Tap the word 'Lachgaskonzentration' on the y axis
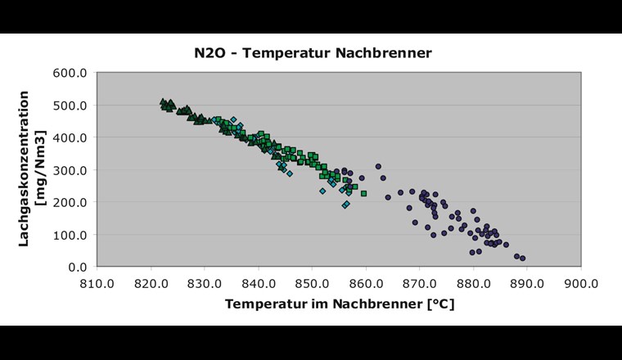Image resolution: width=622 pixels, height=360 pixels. pyautogui.click(x=25, y=169)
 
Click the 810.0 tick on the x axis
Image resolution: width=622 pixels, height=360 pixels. pyautogui.click(x=97, y=282)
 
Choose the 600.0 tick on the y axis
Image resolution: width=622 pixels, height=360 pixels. pyautogui.click(x=71, y=73)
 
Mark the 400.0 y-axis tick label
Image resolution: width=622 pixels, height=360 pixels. pyautogui.click(x=71, y=137)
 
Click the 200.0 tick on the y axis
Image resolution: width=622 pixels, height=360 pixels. pyautogui.click(x=71, y=202)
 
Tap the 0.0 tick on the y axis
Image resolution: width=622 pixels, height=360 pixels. pyautogui.click(x=77, y=267)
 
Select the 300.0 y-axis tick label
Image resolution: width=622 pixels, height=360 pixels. pyautogui.click(x=71, y=169)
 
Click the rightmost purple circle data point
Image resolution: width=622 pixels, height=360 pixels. pyautogui.click(x=522, y=259)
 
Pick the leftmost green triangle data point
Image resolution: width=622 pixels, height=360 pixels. pyautogui.click(x=163, y=102)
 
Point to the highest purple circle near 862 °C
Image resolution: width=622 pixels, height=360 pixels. pyautogui.click(x=378, y=166)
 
